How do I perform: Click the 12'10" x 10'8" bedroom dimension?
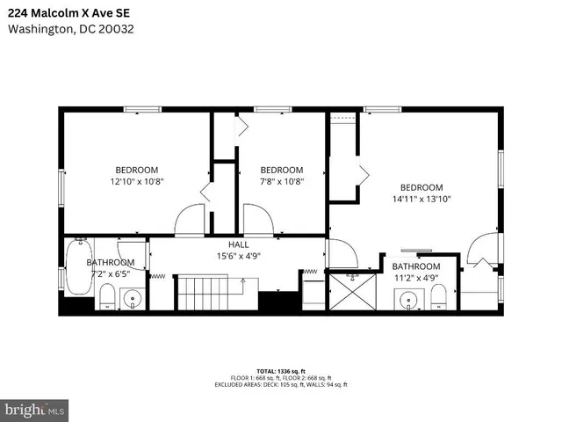coord(136,181)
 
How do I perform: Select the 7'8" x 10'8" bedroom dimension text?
coord(281,181)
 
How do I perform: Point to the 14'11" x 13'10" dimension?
coord(421,199)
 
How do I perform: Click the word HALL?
coord(239,244)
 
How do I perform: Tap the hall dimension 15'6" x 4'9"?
coord(239,256)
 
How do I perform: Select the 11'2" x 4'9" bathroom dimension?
coord(415,278)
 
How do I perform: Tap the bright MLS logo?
coord(35,410)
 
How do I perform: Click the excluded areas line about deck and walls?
coord(282,385)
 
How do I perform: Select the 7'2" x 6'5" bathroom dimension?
coord(110,273)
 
